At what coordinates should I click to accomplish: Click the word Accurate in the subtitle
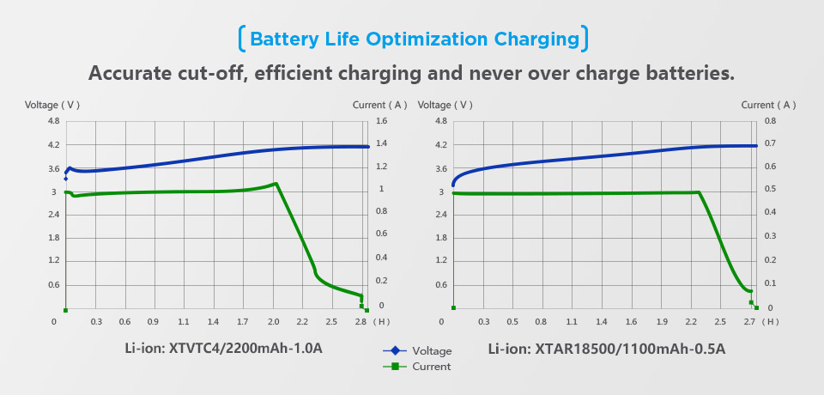(x=131, y=73)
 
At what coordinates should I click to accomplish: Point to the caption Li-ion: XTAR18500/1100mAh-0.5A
(x=607, y=349)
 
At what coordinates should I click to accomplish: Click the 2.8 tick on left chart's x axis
(x=360, y=322)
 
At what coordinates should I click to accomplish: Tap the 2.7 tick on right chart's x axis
(x=748, y=322)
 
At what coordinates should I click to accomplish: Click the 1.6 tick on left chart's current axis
(x=382, y=121)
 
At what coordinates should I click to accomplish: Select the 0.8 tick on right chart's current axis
(x=770, y=121)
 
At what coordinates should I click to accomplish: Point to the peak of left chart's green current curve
(x=276, y=183)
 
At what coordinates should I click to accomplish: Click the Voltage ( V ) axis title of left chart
(x=52, y=105)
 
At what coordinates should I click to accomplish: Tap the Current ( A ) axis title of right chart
(x=768, y=105)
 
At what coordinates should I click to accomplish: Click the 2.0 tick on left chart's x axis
(x=274, y=322)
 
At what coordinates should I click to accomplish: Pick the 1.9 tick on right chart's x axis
(x=662, y=322)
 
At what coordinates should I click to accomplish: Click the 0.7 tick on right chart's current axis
(x=770, y=144)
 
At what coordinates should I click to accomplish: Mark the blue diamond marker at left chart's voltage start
(x=65, y=179)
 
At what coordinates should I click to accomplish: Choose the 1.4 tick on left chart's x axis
(x=213, y=322)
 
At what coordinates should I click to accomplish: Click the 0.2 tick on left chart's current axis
(x=382, y=281)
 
